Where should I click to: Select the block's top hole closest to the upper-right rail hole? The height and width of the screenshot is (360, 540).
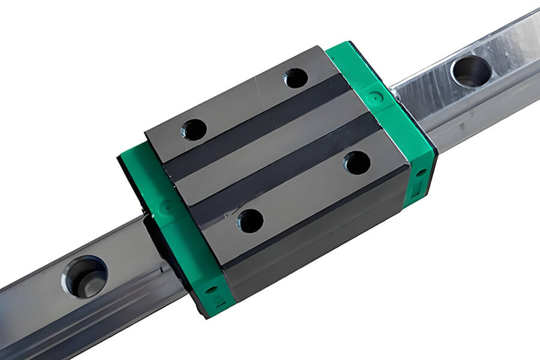(x=296, y=77)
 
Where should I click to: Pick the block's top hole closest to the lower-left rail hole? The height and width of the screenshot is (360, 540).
(x=250, y=221)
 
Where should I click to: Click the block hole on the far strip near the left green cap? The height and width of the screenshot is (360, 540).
(x=194, y=129)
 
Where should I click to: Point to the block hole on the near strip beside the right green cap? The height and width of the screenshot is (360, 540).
(x=357, y=163)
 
